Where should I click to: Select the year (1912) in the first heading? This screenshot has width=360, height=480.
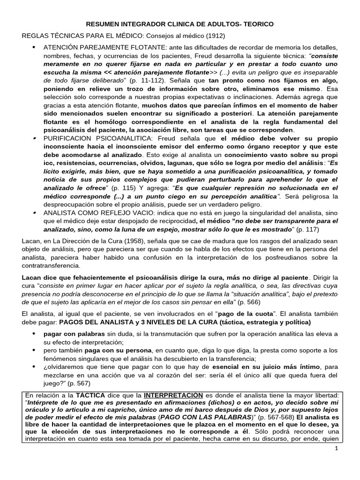tap(215, 36)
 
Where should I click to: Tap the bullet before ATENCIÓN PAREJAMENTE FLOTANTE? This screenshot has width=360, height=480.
tap(34, 47)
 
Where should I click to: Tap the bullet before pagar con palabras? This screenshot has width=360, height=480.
tap(34, 333)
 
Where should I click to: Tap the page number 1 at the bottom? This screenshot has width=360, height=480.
tap(337, 449)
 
